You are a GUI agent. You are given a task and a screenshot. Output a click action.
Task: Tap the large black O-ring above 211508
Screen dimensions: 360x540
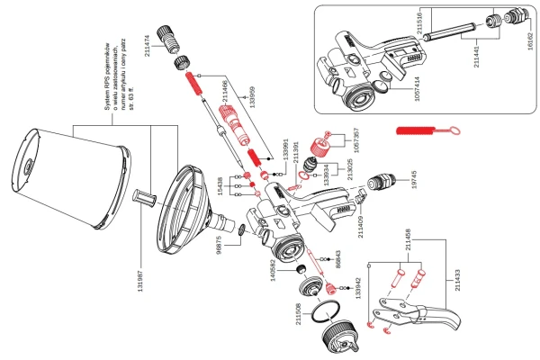[x=321, y=314]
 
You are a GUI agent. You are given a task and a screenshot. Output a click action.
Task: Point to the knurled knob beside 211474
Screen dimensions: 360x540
[x=170, y=37]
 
